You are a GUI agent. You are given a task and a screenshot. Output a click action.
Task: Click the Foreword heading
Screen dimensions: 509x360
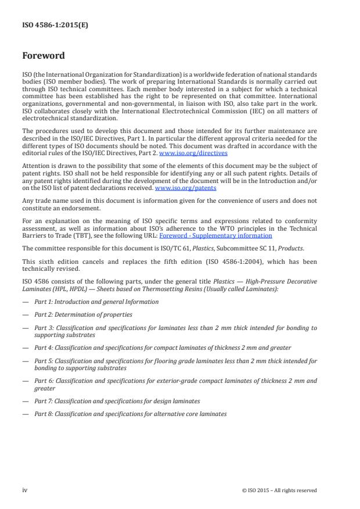(44, 56)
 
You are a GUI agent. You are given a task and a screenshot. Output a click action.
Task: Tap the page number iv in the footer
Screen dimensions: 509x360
(24, 490)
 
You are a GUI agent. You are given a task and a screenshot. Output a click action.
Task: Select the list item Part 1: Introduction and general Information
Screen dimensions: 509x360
(96, 302)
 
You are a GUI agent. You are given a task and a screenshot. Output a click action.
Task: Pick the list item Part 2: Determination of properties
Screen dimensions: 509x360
(83, 314)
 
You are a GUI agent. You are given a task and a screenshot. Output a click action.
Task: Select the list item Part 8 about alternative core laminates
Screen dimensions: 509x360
(131, 414)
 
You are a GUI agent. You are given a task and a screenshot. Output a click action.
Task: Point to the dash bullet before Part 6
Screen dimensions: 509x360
(25, 381)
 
